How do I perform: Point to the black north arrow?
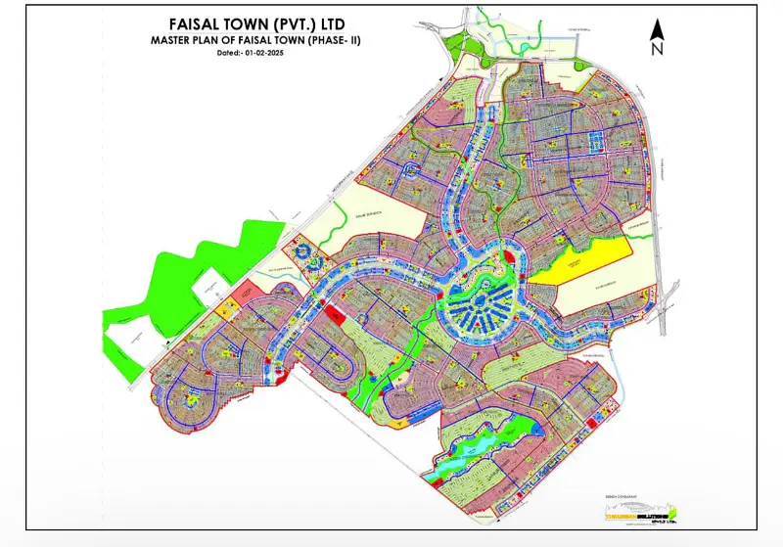(x=659, y=33)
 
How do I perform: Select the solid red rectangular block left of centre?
(x=335, y=315)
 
